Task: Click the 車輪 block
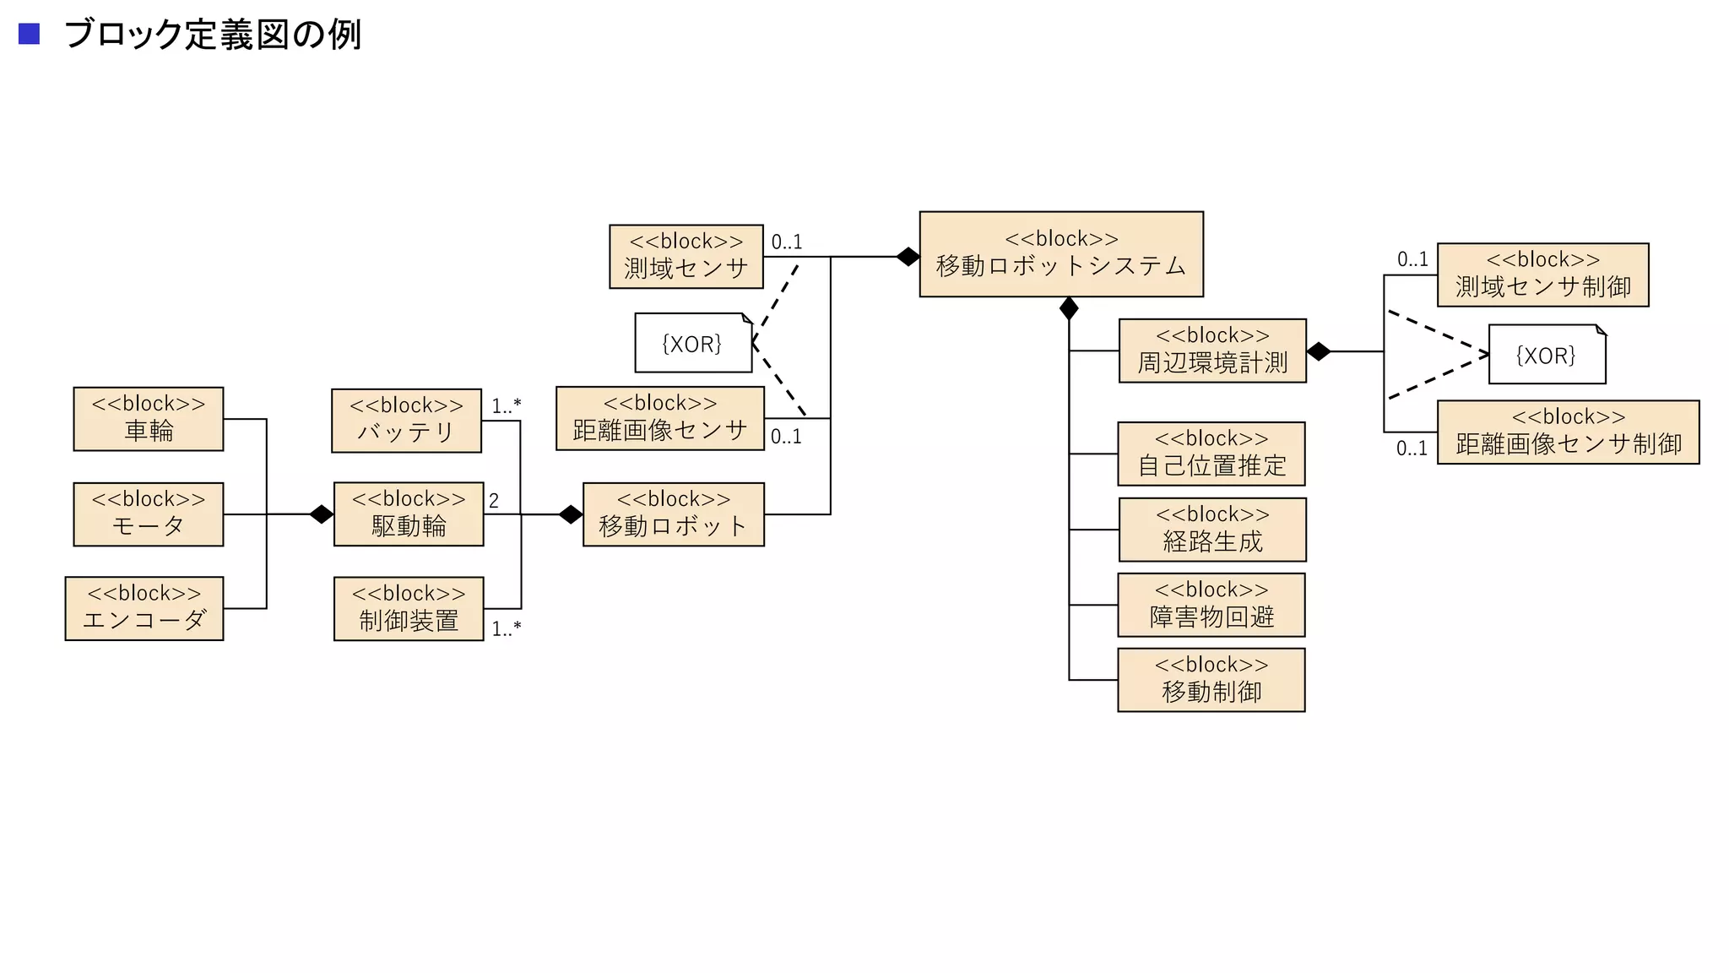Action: tap(149, 419)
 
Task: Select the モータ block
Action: tap(149, 514)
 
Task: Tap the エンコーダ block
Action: tap(144, 608)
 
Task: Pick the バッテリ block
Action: tap(406, 421)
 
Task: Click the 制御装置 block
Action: tap(409, 609)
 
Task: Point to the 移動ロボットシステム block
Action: tap(1061, 254)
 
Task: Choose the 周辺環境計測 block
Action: tap(1212, 351)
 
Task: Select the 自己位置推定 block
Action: tap(1211, 454)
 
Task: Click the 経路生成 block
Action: tap(1212, 530)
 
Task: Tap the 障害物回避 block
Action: tap(1211, 605)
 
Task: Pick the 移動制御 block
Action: tap(1211, 680)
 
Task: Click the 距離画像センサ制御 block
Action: tap(1568, 432)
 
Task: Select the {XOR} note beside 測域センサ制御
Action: tap(1547, 355)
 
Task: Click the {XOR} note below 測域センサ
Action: tap(693, 343)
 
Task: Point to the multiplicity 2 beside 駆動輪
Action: tap(494, 501)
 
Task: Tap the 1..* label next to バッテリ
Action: tap(507, 405)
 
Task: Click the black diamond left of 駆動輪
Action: tap(322, 514)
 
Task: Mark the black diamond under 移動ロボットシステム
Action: tap(1069, 308)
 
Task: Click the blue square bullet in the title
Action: tap(30, 34)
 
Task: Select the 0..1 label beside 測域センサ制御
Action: tap(1412, 259)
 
